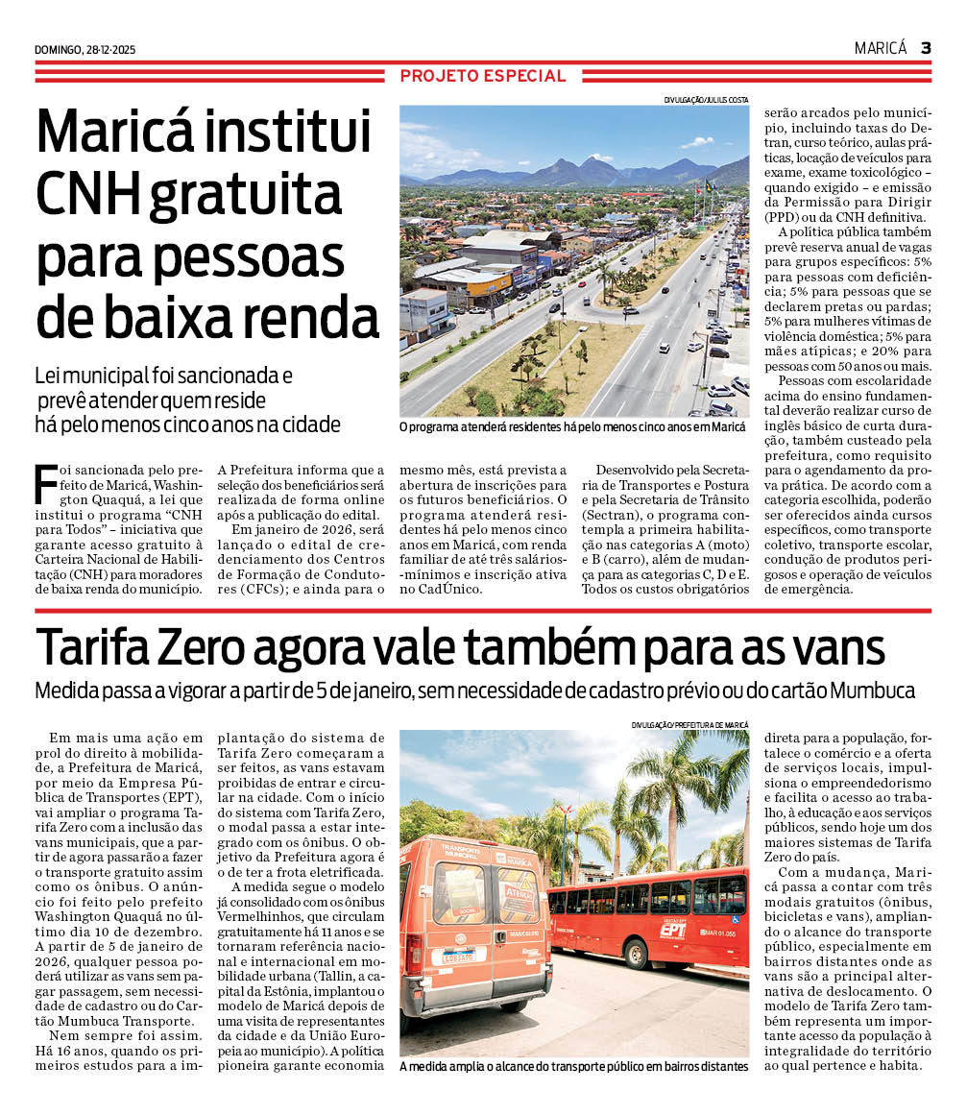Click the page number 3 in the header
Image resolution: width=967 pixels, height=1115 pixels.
[925, 48]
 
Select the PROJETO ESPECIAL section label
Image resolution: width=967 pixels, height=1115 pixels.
[483, 76]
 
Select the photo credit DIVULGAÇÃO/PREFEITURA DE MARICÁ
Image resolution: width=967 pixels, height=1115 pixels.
[689, 724]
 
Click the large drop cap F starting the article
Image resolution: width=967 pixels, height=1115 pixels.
[44, 484]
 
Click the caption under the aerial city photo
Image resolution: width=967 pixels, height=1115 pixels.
[573, 425]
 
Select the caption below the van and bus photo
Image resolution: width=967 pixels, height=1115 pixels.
[573, 1066]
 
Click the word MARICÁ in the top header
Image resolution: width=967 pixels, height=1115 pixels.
[881, 48]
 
